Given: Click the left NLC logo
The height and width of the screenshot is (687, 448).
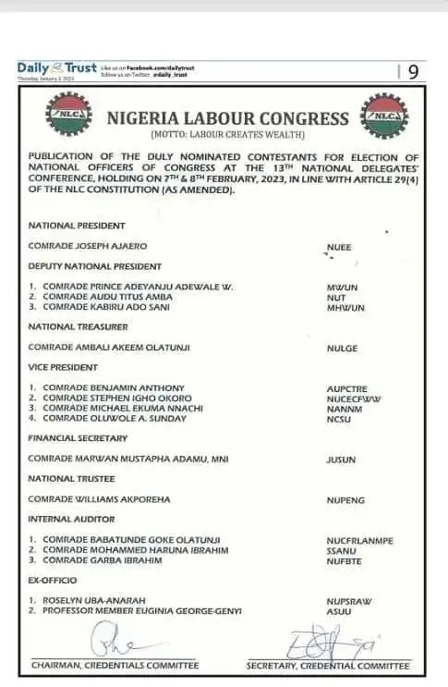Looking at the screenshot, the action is pos(67,117).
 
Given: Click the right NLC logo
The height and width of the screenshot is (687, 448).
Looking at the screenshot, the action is pos(381,117).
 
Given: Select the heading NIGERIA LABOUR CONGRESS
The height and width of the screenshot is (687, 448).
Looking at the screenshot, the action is pos(227,118).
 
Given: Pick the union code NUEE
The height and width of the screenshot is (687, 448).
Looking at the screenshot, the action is pos(339,247).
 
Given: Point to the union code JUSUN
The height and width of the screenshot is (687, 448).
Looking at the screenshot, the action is pos(342,460).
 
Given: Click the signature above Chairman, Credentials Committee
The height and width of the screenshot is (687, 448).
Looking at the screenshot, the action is pos(115,640).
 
